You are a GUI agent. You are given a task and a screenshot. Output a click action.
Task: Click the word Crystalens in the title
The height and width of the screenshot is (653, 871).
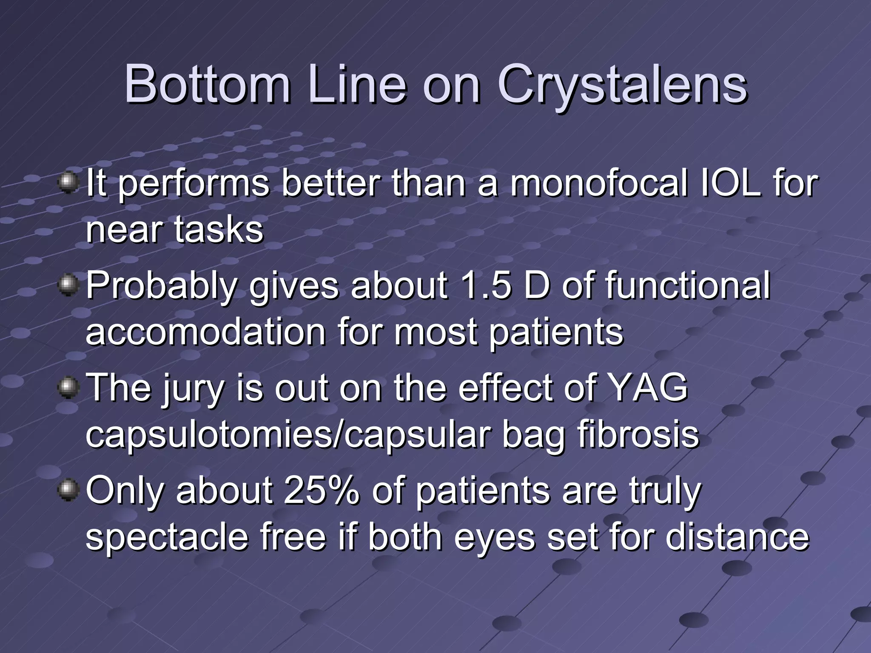[622, 85]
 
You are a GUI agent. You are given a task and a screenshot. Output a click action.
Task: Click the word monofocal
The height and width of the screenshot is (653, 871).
[598, 184]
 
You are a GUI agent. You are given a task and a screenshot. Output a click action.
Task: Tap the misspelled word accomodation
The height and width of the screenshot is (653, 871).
[205, 332]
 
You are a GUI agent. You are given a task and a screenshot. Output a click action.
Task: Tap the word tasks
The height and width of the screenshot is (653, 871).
[219, 230]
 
